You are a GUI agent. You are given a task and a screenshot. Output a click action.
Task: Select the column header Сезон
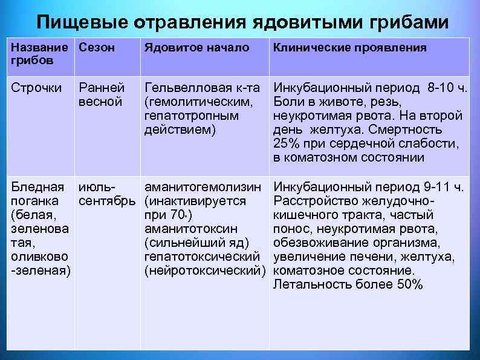[97, 48]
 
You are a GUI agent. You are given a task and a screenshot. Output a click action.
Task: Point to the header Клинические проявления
[350, 48]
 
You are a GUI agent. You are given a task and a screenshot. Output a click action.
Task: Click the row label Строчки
[37, 88]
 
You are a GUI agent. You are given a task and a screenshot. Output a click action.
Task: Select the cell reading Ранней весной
[102, 95]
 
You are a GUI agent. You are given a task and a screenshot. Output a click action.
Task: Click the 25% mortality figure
[287, 144]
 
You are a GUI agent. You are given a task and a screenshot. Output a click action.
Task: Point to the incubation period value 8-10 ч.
[446, 88]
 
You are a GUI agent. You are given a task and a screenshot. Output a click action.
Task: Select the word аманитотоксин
[191, 229]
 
